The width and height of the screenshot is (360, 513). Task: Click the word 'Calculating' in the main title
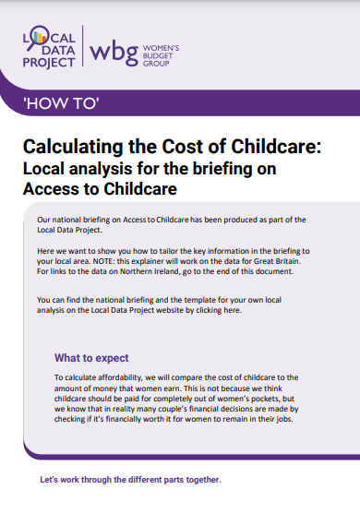tap(73, 148)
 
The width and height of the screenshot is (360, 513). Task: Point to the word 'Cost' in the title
tap(183, 148)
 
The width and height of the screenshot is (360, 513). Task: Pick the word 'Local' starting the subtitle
tap(43, 169)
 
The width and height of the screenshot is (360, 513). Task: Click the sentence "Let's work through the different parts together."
tap(130, 480)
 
